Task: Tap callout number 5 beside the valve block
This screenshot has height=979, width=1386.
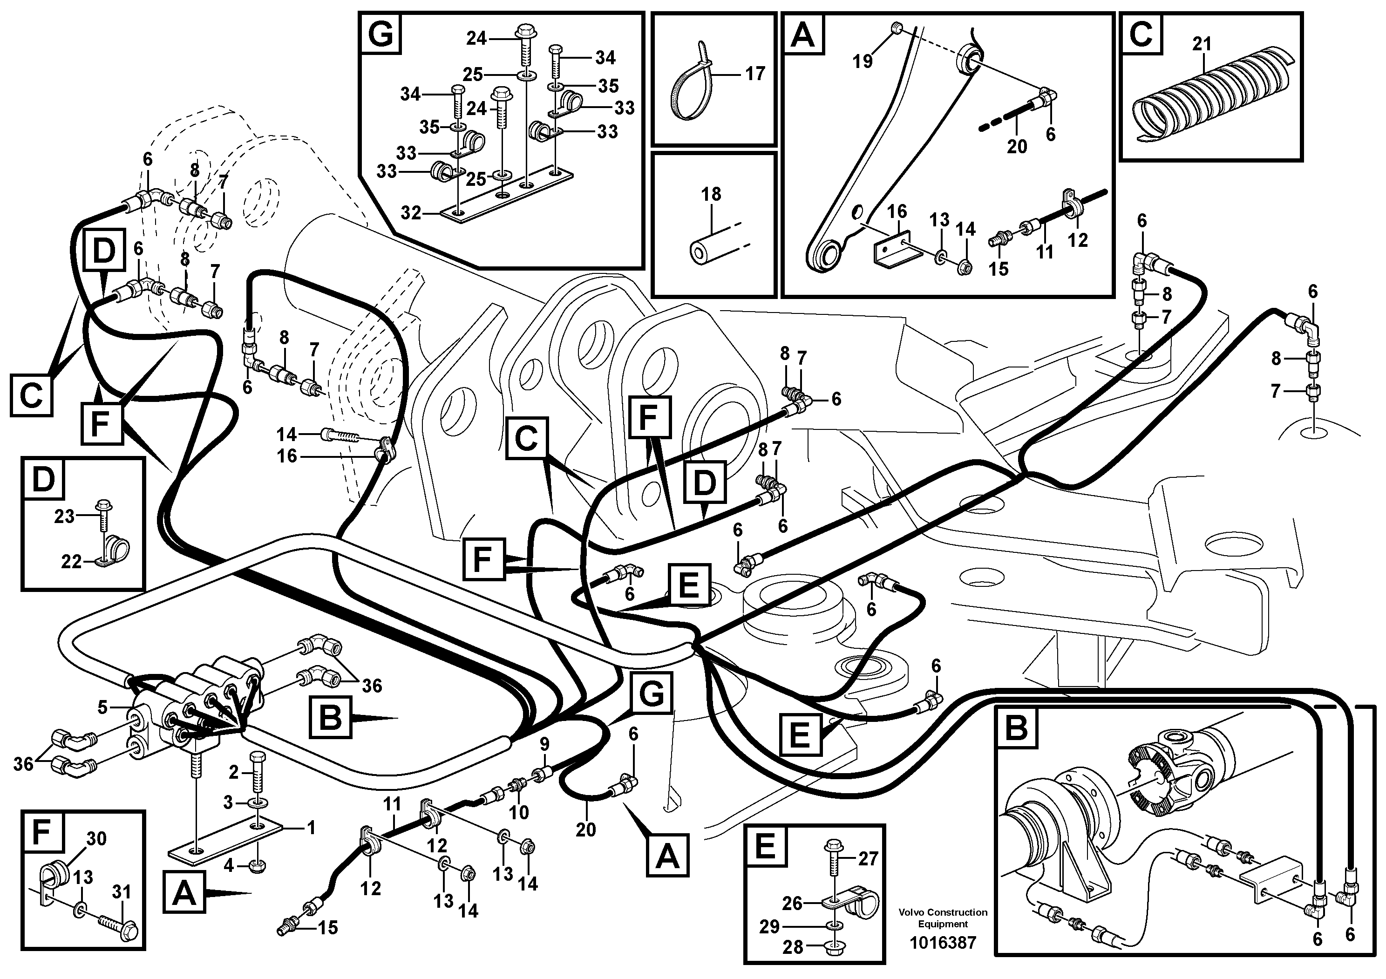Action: [x=102, y=707]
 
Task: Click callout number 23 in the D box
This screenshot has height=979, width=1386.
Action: [x=64, y=516]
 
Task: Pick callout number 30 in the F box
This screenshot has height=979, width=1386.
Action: [x=96, y=839]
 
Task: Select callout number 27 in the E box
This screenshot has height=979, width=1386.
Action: [x=868, y=858]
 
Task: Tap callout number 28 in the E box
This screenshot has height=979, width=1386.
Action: [x=793, y=947]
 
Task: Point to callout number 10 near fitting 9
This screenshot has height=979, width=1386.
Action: [x=518, y=812]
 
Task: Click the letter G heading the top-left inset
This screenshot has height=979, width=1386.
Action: [x=381, y=34]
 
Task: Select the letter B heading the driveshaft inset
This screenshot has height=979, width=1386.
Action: [x=1017, y=728]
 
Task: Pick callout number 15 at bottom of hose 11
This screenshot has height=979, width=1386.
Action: [x=328, y=927]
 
